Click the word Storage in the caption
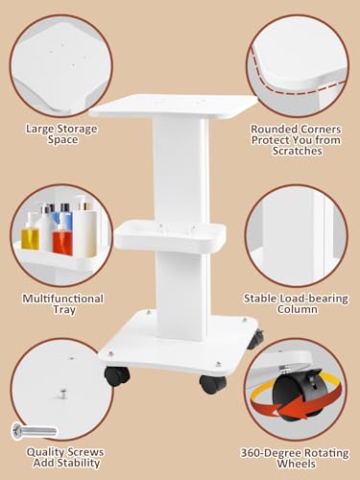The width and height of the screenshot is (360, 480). (x=76, y=129)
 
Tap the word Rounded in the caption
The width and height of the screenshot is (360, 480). (x=272, y=130)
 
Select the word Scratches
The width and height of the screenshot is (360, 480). (x=297, y=151)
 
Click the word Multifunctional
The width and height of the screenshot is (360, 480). (x=63, y=299)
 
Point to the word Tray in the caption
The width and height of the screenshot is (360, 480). (x=64, y=310)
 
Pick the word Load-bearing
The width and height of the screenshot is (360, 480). (x=314, y=299)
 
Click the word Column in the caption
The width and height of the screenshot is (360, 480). (x=298, y=309)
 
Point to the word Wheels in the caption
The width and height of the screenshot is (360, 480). (x=297, y=464)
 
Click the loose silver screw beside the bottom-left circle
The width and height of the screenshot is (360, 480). (x=35, y=431)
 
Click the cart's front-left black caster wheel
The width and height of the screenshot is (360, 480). (x=117, y=376)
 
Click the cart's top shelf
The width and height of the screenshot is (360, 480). (x=174, y=107)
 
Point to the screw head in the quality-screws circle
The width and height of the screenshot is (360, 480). (x=63, y=394)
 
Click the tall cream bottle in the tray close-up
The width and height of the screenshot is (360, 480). (x=85, y=228)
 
